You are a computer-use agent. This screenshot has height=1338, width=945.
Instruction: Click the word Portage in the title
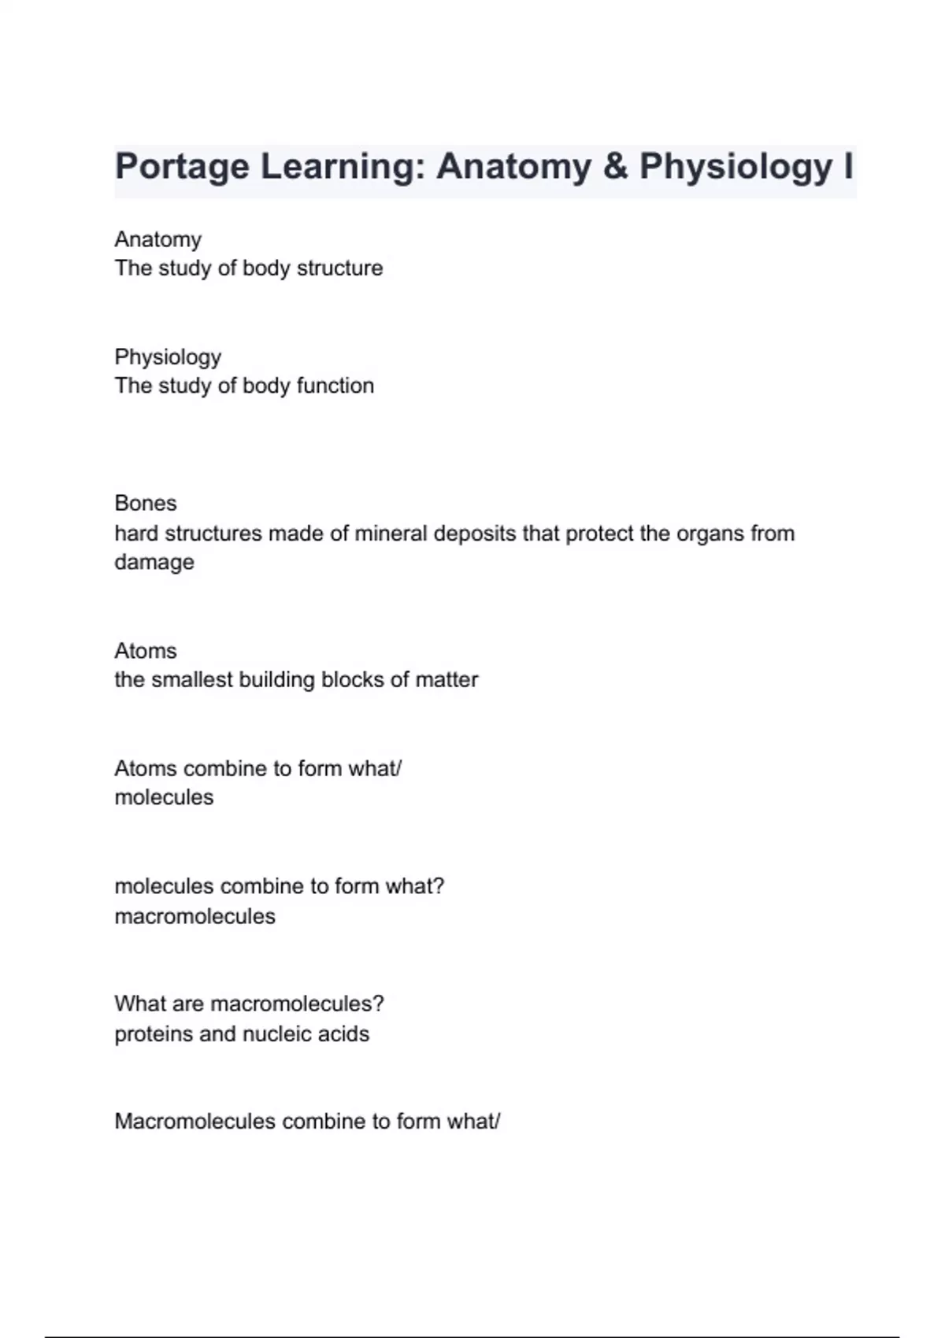(x=182, y=167)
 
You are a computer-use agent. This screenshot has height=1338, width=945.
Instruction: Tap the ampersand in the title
(x=615, y=167)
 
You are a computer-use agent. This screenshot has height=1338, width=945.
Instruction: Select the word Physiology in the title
(x=736, y=167)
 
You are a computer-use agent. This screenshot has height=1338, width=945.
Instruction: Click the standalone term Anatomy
(x=157, y=239)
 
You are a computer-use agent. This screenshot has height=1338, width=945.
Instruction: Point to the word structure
(x=339, y=268)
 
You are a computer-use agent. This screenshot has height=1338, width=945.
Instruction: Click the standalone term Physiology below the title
(x=168, y=357)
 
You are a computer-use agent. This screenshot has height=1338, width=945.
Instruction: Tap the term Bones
(x=146, y=504)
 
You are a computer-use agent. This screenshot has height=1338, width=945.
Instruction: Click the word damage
(x=154, y=563)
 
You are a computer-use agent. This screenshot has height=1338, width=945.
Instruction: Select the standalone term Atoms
(x=146, y=651)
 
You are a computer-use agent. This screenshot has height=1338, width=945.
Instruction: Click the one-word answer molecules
(x=164, y=797)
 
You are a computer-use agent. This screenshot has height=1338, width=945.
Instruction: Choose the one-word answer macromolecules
(x=195, y=917)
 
